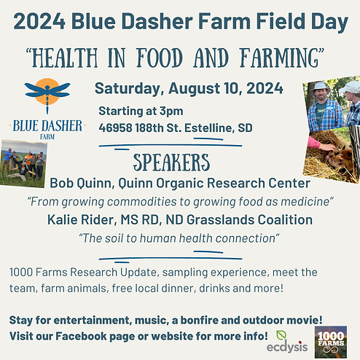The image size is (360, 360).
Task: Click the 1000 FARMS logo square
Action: click(335, 338)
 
